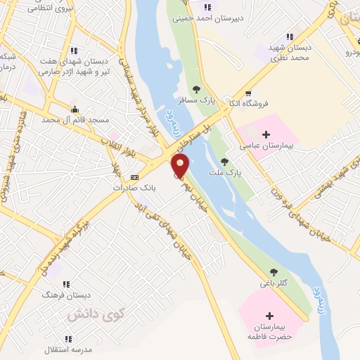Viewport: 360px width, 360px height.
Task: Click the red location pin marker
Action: (x=181, y=166)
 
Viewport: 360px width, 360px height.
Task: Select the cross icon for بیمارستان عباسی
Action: (x=266, y=134)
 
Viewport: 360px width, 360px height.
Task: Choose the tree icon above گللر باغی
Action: (x=274, y=272)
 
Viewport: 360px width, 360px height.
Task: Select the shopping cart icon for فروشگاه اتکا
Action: (x=247, y=94)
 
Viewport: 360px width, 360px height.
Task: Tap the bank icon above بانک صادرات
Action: (x=134, y=177)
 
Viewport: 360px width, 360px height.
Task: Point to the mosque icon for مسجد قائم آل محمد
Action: (x=75, y=108)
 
